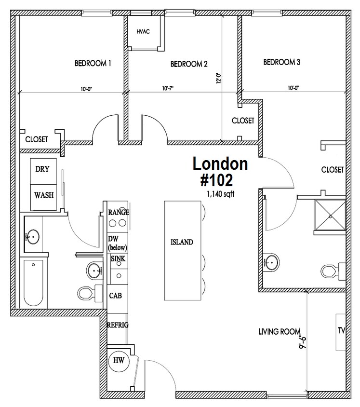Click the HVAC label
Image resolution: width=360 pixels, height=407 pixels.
(x=143, y=32)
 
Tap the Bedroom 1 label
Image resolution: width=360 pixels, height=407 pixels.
(x=93, y=63)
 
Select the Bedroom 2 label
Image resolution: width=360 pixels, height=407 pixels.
(x=189, y=64)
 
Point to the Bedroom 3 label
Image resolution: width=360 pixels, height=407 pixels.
(x=281, y=62)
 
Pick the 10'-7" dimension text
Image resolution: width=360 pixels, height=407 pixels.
(x=168, y=88)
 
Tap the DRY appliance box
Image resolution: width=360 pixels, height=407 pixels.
(x=43, y=171)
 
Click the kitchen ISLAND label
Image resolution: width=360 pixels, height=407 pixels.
(x=182, y=242)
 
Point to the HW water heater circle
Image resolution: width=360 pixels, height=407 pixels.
(x=119, y=360)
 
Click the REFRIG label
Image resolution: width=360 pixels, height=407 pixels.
(x=118, y=325)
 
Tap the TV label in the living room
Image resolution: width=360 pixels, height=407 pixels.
(x=342, y=330)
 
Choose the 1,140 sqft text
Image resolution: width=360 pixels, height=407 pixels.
(x=220, y=194)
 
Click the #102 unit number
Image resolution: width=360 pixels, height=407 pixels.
(x=216, y=180)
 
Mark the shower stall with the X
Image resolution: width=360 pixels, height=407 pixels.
(x=330, y=215)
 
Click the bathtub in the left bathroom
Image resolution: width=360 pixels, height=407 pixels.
(x=33, y=283)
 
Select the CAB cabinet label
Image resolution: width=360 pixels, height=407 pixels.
(x=115, y=296)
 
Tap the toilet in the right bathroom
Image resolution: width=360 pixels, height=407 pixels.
(x=333, y=271)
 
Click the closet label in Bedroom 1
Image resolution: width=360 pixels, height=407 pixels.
(x=37, y=139)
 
